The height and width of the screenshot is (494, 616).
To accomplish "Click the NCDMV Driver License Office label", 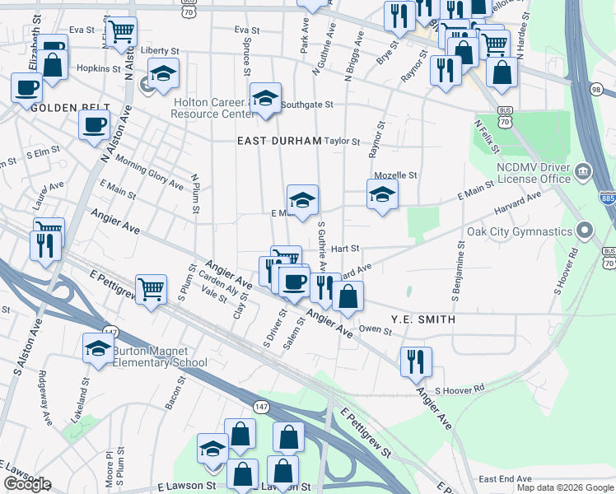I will [533, 172].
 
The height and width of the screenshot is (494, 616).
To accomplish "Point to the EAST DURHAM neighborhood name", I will [278, 141].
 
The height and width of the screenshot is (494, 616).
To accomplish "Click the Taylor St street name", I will [343, 141].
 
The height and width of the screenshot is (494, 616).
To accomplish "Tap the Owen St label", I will [375, 329].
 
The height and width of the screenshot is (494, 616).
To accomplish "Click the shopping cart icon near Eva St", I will [122, 32].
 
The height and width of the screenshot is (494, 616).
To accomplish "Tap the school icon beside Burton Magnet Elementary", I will [98, 347].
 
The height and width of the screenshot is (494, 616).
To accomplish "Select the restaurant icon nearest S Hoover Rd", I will [416, 361].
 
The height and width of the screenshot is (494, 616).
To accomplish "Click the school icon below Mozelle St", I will [381, 196].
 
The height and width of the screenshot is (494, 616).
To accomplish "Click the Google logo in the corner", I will [27, 484].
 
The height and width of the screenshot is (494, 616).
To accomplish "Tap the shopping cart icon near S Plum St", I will [151, 290].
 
